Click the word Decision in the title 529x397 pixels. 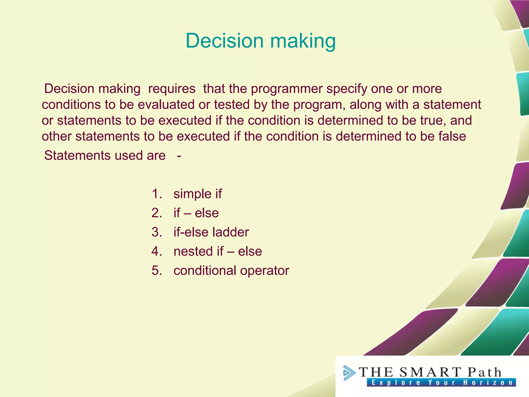click(x=224, y=41)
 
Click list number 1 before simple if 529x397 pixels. click(x=157, y=194)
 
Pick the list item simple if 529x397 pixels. click(x=197, y=194)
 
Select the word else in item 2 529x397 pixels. click(x=207, y=213)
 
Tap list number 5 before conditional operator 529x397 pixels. click(x=157, y=271)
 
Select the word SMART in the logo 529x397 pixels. click(x=430, y=372)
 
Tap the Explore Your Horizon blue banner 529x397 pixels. click(x=441, y=383)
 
